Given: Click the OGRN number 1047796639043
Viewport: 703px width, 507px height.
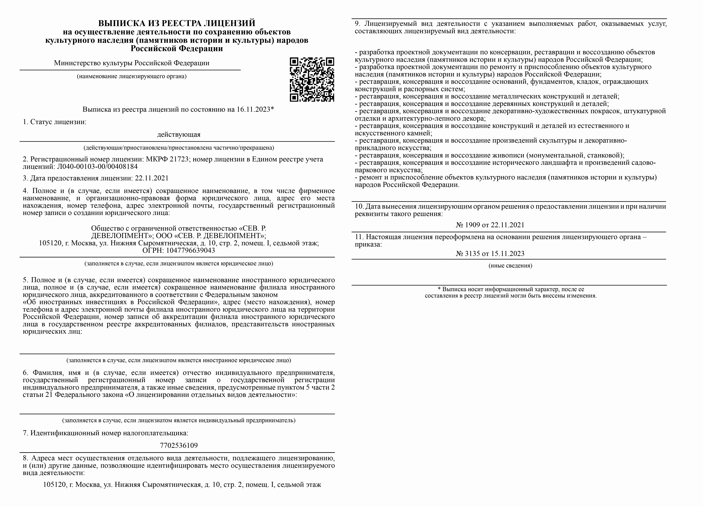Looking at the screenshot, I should pyautogui.click(x=190, y=250).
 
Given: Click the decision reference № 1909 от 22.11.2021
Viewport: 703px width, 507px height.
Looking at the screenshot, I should pyautogui.click(x=490, y=225).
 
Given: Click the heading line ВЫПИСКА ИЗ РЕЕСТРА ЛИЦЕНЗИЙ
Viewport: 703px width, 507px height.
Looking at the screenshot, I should pyautogui.click(x=177, y=23).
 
